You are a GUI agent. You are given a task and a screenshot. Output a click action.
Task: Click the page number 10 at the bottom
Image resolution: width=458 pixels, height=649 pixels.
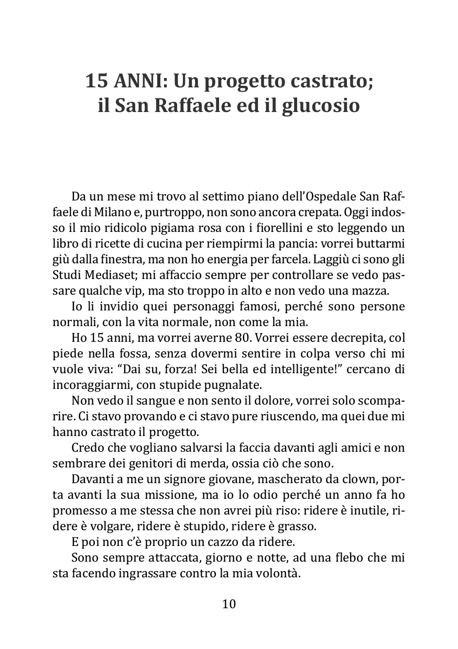click(x=229, y=604)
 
